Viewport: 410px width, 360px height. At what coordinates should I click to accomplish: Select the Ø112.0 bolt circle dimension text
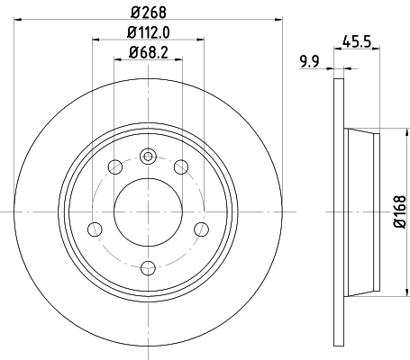tap(145, 33)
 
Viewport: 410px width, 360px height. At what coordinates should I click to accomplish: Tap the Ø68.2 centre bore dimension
tap(145, 52)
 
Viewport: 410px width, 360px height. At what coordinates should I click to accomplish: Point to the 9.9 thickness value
tap(312, 61)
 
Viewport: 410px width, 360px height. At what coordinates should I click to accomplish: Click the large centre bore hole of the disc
tap(146, 212)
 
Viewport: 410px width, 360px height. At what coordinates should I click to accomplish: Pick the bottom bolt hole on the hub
tap(146, 266)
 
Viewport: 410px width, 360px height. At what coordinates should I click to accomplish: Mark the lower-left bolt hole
tap(94, 229)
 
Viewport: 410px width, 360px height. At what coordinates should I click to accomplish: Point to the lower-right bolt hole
tap(198, 229)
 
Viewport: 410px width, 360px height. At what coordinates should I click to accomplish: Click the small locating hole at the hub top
tap(146, 155)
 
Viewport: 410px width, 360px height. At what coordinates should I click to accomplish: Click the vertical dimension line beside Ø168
tap(388, 212)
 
